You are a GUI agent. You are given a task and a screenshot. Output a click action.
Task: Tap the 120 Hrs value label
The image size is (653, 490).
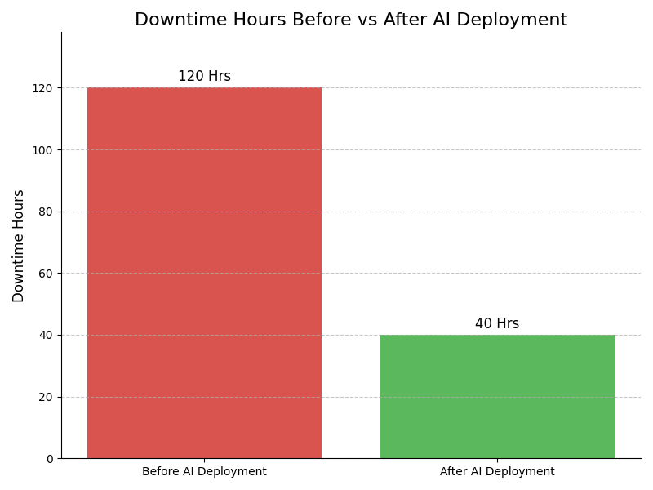204,77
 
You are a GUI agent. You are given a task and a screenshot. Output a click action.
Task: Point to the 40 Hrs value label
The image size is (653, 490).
497,324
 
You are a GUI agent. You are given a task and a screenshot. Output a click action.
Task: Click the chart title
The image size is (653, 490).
351,20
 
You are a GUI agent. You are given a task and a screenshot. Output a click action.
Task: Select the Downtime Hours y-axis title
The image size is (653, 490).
19,246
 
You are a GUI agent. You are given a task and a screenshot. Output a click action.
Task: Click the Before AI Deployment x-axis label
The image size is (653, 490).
204,472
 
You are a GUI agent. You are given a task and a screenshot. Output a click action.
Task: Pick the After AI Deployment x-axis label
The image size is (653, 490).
497,472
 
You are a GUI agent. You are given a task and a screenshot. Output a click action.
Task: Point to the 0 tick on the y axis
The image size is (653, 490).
49,459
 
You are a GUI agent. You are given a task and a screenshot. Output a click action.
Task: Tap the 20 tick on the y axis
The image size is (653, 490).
47,397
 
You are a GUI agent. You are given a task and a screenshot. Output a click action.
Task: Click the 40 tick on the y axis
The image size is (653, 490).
47,335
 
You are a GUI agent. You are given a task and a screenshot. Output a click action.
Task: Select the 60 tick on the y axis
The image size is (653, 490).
47,274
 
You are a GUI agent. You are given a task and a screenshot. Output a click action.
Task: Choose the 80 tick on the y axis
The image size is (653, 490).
47,212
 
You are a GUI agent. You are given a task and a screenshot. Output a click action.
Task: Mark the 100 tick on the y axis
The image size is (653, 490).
43,150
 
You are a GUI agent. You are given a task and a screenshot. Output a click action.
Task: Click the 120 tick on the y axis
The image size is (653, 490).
43,88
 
